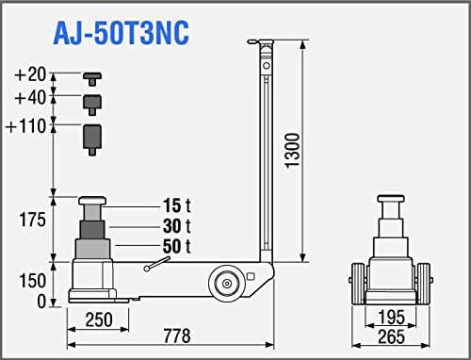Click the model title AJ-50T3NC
tap(122, 33)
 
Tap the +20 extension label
tap(30, 74)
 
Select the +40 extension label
tap(30, 97)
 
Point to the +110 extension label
tap(26, 126)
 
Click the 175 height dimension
tap(32, 220)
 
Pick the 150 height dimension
tap(32, 281)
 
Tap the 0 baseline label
tap(41, 302)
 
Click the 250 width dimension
tap(99, 319)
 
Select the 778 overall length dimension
tap(177, 335)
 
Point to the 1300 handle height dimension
tap(293, 151)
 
